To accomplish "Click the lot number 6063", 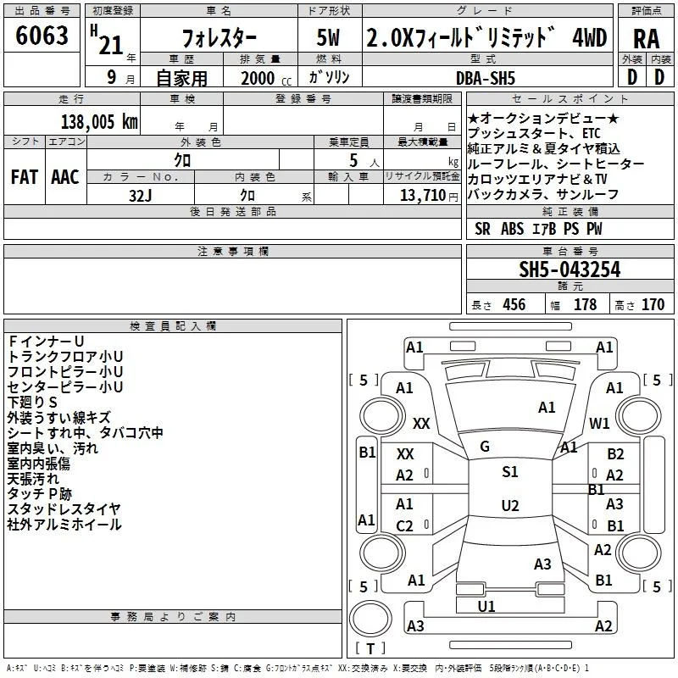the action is [42, 36].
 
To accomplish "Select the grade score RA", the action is [646, 39].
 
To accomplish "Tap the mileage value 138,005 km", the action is [99, 122].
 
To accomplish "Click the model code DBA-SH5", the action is [486, 78].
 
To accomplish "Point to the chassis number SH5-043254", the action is [570, 270].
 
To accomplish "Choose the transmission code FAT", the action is [25, 177].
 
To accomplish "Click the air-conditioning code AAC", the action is [65, 177].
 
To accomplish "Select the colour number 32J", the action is [141, 196].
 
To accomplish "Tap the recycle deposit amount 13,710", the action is [423, 196].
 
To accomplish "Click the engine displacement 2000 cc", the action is [266, 78].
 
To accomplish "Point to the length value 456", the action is [514, 304].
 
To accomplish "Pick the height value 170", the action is [653, 304].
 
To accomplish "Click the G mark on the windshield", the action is [485, 447].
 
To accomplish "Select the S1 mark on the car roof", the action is [510, 472].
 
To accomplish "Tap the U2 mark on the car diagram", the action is [510, 505].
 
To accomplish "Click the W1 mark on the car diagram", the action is [599, 423].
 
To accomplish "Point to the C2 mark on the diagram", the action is [404, 525].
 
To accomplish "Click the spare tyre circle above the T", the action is [370, 619].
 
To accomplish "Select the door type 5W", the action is [328, 37].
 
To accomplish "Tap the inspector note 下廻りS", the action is [32, 402].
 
